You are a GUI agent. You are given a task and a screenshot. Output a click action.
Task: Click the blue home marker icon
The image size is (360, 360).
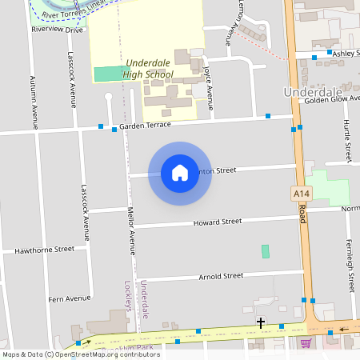tap(180, 173)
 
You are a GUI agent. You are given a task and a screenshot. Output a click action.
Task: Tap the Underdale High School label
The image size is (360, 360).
tap(148, 68)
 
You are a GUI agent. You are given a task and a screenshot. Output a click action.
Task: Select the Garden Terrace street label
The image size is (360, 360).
tap(146, 126)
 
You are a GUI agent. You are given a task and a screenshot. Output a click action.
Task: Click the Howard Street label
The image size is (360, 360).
tap(217, 222)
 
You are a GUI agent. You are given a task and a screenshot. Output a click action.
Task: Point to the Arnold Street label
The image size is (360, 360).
tap(220, 276)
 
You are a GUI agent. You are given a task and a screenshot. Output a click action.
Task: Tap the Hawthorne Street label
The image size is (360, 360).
tap(44, 250)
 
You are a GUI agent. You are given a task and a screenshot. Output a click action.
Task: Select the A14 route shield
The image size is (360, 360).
tap(300, 194)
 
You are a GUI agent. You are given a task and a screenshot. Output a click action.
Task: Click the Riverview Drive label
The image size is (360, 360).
tap(57, 29)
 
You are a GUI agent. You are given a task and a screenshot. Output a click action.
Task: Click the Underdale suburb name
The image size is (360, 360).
tap(314, 92)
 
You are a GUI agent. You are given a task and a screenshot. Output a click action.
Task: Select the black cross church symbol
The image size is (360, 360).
tap(261, 322)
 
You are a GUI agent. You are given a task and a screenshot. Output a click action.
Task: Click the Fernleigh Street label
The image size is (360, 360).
tap(350, 263)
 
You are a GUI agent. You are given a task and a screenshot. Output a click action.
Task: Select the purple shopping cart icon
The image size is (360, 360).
tap(305, 343)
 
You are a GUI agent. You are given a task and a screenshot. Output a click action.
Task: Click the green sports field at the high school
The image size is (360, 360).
tap(109, 74)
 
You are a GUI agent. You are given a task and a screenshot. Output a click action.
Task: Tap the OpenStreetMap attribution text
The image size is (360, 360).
tap(81, 354)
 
